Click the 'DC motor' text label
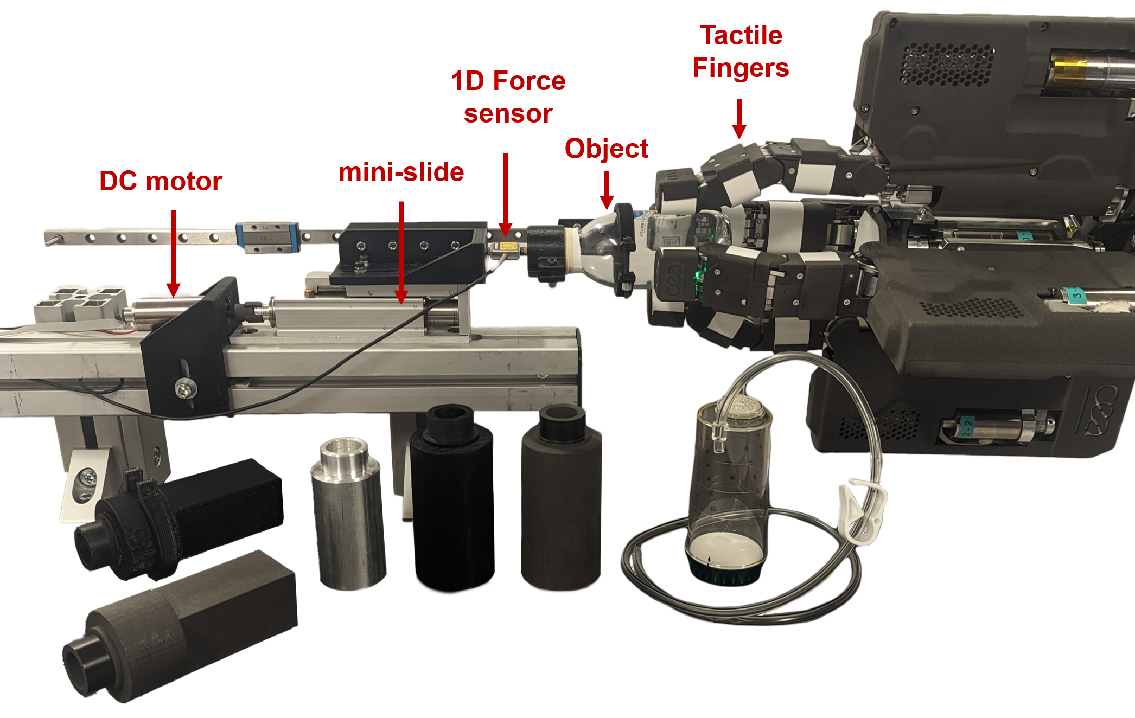pyautogui.click(x=161, y=181)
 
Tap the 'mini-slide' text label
pyautogui.click(x=401, y=172)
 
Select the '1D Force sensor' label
pyautogui.click(x=508, y=97)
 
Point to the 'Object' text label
pyautogui.click(x=607, y=149)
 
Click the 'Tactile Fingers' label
pyautogui.click(x=741, y=52)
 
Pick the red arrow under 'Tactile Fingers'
pyautogui.click(x=739, y=119)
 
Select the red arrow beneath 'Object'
pyautogui.click(x=607, y=190)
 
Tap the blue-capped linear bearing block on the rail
pyautogui.click(x=267, y=237)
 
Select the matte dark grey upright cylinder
pyautogui.click(x=561, y=497)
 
